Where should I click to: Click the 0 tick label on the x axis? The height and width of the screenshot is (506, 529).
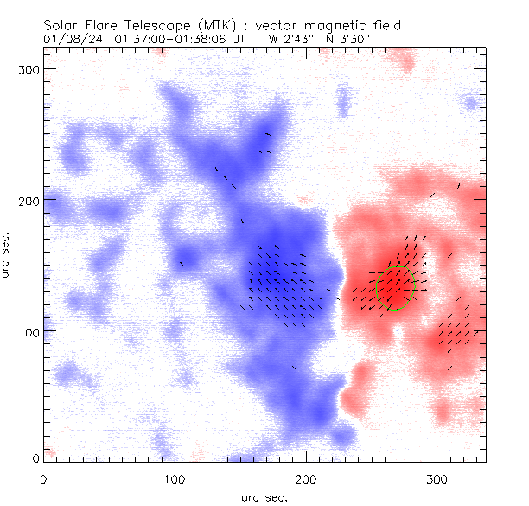pyautogui.click(x=43, y=477)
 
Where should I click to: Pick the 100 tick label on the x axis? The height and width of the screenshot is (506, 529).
pyautogui.click(x=175, y=477)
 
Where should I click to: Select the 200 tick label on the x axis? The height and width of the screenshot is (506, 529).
pyautogui.click(x=306, y=477)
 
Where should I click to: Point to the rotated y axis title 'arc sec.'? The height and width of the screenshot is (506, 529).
pyautogui.click(x=8, y=253)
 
